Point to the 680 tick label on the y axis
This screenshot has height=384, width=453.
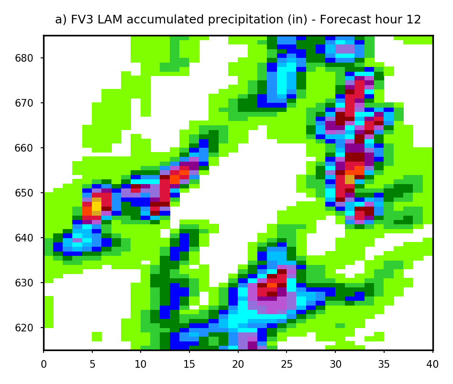(24, 58)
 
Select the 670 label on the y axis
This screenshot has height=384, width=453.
(24, 103)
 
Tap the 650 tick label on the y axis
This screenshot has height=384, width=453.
(24, 193)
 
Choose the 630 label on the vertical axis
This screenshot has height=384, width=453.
(24, 283)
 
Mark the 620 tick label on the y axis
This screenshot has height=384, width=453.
(24, 328)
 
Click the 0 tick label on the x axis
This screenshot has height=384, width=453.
(44, 364)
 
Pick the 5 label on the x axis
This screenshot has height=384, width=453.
(92, 364)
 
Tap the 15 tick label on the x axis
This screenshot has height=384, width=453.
(189, 364)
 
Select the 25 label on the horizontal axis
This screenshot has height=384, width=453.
(287, 364)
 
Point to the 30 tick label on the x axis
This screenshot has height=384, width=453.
(335, 364)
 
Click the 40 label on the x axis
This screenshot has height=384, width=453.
(432, 364)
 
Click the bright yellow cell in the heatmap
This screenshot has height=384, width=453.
(97, 207)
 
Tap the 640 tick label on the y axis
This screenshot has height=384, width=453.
(24, 238)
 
